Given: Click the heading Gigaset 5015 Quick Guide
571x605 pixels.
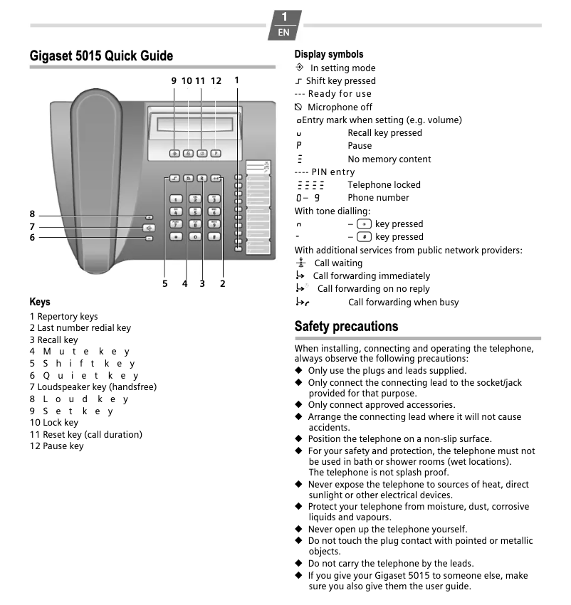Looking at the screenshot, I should click(x=101, y=56).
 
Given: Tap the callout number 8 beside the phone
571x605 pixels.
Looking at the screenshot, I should click(x=32, y=214).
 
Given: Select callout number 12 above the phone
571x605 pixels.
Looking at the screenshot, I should click(x=216, y=81).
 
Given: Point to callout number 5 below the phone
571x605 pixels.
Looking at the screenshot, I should click(x=164, y=283).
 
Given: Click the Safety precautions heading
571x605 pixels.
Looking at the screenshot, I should click(x=346, y=326).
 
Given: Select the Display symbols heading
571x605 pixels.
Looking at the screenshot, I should click(x=329, y=54).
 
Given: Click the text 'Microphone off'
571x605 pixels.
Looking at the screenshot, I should click(x=340, y=107).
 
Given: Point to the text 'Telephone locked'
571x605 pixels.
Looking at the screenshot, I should click(x=384, y=184).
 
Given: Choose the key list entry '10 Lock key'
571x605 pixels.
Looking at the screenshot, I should click(x=54, y=423).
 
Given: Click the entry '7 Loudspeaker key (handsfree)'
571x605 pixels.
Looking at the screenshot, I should click(x=93, y=387).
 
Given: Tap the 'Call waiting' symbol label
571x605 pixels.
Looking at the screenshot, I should click(x=338, y=263).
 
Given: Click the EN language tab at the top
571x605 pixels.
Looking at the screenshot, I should click(x=283, y=32).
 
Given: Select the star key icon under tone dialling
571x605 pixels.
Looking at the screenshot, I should click(x=364, y=223).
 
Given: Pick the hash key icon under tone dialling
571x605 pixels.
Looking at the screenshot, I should click(x=364, y=236).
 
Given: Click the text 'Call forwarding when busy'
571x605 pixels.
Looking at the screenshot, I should click(x=403, y=302).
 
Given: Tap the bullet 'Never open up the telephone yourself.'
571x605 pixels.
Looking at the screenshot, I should click(x=387, y=529).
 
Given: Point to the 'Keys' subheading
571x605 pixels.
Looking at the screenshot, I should click(x=40, y=302).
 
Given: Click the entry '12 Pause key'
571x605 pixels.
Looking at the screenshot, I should click(x=56, y=446).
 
